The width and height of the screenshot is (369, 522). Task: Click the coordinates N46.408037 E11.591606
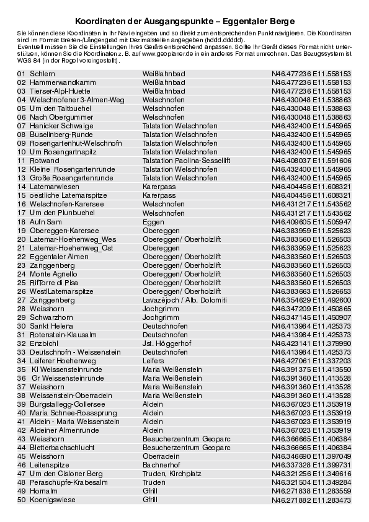tap(311, 160)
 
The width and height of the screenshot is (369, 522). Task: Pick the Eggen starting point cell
tap(153, 221)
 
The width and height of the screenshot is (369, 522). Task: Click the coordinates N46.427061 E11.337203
tap(311, 360)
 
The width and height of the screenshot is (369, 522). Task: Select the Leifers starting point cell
tap(153, 360)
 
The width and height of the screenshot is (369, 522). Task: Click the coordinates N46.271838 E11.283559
tap(311, 490)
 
